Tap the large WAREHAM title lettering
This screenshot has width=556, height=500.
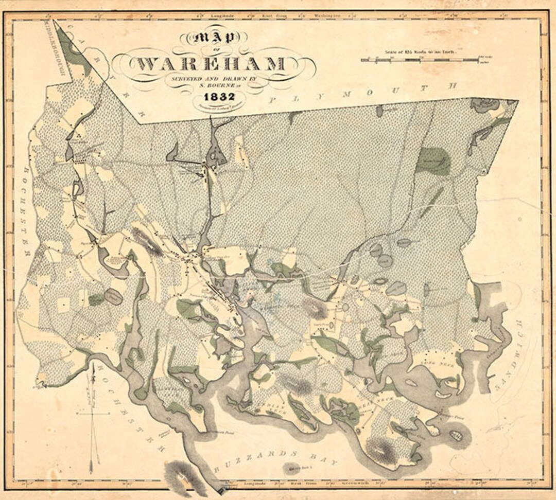[211, 64]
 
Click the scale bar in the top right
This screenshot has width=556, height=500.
[419, 60]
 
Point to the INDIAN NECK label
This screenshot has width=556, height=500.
[268, 410]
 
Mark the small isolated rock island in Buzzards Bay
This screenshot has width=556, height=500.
[294, 469]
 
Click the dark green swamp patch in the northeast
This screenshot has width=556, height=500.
[432, 161]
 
